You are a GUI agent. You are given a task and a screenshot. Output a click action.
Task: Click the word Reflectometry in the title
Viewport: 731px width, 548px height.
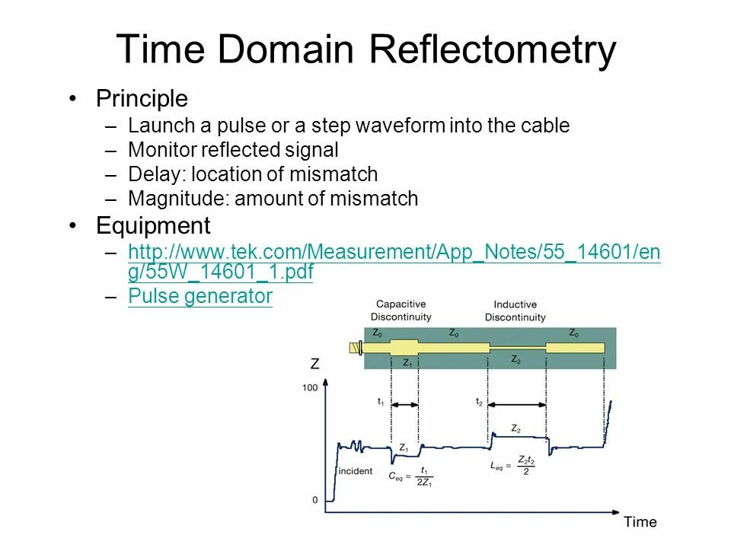pyautogui.click(x=492, y=50)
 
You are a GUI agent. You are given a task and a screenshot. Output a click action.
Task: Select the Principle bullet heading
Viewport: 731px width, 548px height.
pyautogui.click(x=142, y=99)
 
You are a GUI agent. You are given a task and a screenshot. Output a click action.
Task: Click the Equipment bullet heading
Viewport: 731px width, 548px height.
pyautogui.click(x=153, y=226)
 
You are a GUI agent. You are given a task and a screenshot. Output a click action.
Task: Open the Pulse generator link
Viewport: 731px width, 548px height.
pyautogui.click(x=200, y=296)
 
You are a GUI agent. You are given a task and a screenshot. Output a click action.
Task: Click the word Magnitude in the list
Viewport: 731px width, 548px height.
pyautogui.click(x=179, y=199)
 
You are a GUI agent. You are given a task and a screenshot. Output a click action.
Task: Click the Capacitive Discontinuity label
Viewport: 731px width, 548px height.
pyautogui.click(x=401, y=311)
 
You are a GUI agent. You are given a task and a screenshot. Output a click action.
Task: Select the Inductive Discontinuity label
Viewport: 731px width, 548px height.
pyautogui.click(x=515, y=311)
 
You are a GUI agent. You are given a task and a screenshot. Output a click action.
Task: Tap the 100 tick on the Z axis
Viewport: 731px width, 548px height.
pyautogui.click(x=310, y=388)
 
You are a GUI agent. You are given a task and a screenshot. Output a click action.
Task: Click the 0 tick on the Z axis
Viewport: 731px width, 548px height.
pyautogui.click(x=314, y=500)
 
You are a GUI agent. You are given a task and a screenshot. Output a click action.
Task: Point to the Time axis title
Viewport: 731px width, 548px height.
pyautogui.click(x=640, y=522)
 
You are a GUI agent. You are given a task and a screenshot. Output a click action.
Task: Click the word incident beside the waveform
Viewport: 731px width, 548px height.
pyautogui.click(x=356, y=471)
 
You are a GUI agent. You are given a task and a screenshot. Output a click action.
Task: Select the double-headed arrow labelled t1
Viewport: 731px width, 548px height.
pyautogui.click(x=404, y=405)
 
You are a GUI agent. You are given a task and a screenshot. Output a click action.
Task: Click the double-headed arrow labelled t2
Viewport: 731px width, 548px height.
pyautogui.click(x=517, y=405)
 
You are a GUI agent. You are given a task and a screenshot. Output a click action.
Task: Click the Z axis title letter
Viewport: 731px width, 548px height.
pyautogui.click(x=314, y=365)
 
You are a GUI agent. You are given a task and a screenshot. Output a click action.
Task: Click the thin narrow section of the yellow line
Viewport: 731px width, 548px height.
pyautogui.click(x=518, y=348)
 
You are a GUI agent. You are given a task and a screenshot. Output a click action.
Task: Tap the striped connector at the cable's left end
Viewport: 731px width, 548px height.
pyautogui.click(x=354, y=348)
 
